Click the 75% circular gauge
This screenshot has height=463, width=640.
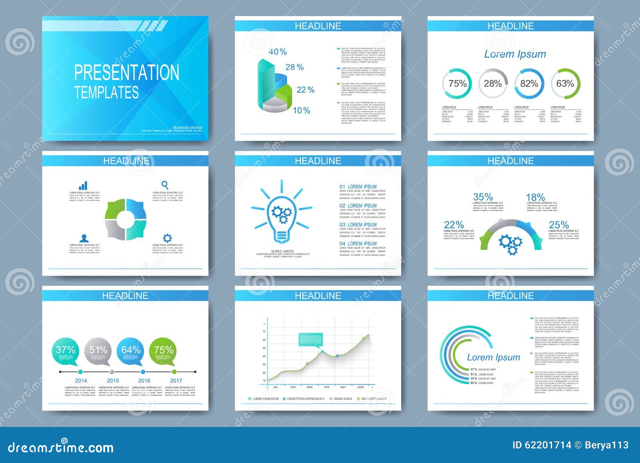[457, 84]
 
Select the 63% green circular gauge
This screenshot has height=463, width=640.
[565, 84]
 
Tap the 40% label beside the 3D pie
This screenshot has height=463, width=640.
[278, 52]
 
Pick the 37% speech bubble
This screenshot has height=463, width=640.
[66, 351]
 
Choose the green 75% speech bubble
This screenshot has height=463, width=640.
[164, 351]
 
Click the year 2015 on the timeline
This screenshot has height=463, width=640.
[113, 381]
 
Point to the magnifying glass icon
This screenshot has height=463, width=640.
[164, 185]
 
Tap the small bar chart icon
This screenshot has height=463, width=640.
[83, 185]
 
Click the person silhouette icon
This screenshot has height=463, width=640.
[84, 238]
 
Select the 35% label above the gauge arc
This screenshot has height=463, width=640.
[483, 197]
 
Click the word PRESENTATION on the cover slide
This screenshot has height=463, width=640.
[126, 72]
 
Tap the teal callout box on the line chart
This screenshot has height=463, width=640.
[310, 339]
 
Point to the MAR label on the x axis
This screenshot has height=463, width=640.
[309, 387]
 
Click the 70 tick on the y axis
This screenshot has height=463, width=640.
[264, 331]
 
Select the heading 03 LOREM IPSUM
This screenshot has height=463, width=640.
[358, 224]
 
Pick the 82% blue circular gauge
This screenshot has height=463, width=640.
[529, 84]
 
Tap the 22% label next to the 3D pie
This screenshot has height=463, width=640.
[305, 90]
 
